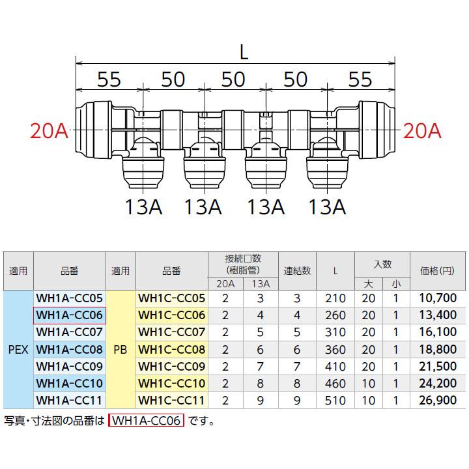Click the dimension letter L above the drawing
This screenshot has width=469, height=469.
pyautogui.click(x=244, y=53)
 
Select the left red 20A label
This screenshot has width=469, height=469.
pyautogui.click(x=49, y=132)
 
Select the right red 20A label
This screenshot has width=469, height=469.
pyautogui.click(x=422, y=132)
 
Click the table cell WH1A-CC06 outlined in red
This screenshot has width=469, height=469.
pyautogui.click(x=70, y=315)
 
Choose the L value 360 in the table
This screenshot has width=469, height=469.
pyautogui.click(x=335, y=349)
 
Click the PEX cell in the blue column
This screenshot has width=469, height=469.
pyautogui.click(x=18, y=349)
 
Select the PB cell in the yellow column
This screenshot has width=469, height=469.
pyautogui.click(x=121, y=349)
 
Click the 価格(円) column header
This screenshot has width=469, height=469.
pyautogui.click(x=439, y=270)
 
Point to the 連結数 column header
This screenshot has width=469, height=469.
pyautogui.click(x=297, y=270)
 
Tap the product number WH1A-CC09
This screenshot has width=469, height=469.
pyautogui.click(x=70, y=366)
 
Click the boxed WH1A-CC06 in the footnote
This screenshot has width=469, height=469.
pyautogui.click(x=147, y=421)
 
